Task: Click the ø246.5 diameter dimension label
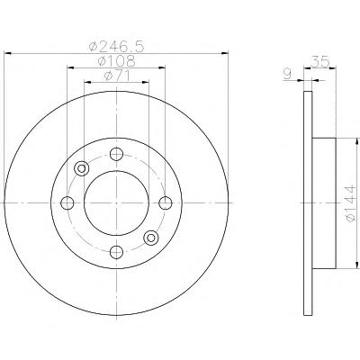pyautogui.click(x=117, y=46)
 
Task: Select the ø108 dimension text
pyautogui.click(x=117, y=61)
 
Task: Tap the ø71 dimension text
pyautogui.click(x=117, y=76)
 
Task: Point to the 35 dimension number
pyautogui.click(x=320, y=62)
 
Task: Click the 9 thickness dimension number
pyautogui.click(x=287, y=74)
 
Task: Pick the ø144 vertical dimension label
pyautogui.click(x=351, y=203)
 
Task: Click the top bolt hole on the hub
pyautogui.click(x=116, y=154)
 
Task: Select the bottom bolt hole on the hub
pyautogui.click(x=116, y=252)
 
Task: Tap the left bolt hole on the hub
pyautogui.click(x=67, y=203)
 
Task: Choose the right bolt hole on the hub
pyautogui.click(x=166, y=203)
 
